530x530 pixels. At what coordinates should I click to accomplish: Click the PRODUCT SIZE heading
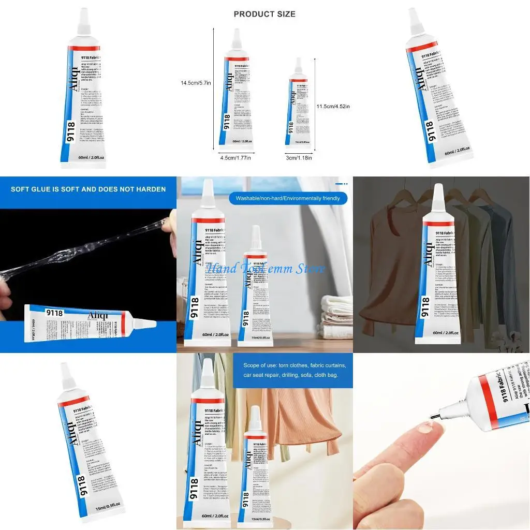click(264, 14)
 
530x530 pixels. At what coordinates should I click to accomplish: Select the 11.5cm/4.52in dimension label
click(333, 107)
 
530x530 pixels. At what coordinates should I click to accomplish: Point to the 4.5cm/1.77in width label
click(235, 158)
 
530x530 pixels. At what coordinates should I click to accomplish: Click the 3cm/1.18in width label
click(299, 158)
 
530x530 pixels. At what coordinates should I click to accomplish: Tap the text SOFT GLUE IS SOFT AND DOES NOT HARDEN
click(88, 189)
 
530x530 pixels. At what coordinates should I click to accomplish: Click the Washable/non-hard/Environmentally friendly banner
click(288, 198)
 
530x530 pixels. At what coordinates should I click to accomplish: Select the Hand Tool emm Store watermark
click(265, 269)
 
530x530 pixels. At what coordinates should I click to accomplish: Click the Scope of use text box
click(292, 370)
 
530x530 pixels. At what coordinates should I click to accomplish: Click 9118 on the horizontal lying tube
click(54, 313)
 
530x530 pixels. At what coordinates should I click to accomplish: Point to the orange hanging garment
click(300, 414)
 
